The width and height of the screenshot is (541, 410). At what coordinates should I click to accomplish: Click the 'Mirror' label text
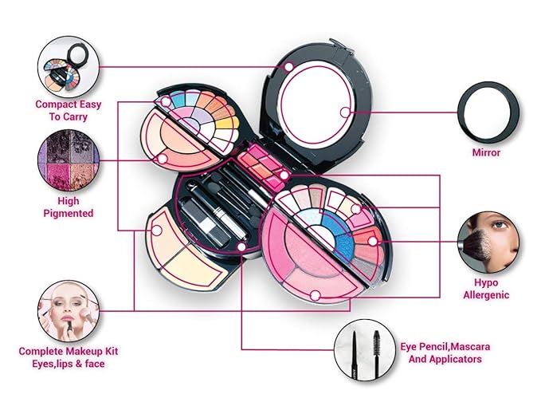pos(486,152)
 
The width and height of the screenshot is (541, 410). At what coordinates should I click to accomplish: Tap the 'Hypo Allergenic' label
pos(486,288)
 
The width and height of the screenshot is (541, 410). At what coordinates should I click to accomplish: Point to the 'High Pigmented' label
pos(69,207)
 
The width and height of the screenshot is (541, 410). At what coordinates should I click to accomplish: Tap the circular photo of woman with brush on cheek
pos(487,242)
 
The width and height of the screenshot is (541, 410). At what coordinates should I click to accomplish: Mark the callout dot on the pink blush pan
pos(314,295)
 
